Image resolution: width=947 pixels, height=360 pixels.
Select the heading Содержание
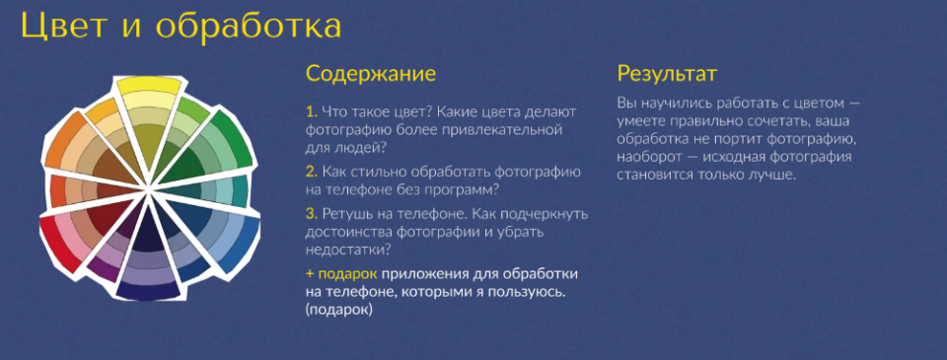370,74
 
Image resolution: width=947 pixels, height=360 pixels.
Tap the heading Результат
666,74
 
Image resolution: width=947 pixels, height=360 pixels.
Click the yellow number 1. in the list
311,111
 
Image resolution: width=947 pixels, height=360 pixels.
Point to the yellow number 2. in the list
312,172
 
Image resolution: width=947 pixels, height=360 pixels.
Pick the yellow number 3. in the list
312,213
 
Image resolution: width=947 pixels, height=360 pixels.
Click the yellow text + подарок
341,273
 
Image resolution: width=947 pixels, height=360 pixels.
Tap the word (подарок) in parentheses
339,310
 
